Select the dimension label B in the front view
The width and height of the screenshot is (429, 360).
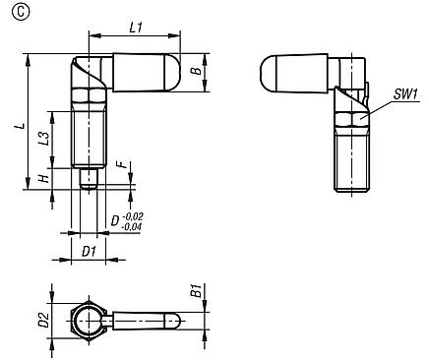[195, 72]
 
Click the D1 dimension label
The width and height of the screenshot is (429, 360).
[88, 252]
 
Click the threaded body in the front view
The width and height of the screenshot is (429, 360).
[88, 143]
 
